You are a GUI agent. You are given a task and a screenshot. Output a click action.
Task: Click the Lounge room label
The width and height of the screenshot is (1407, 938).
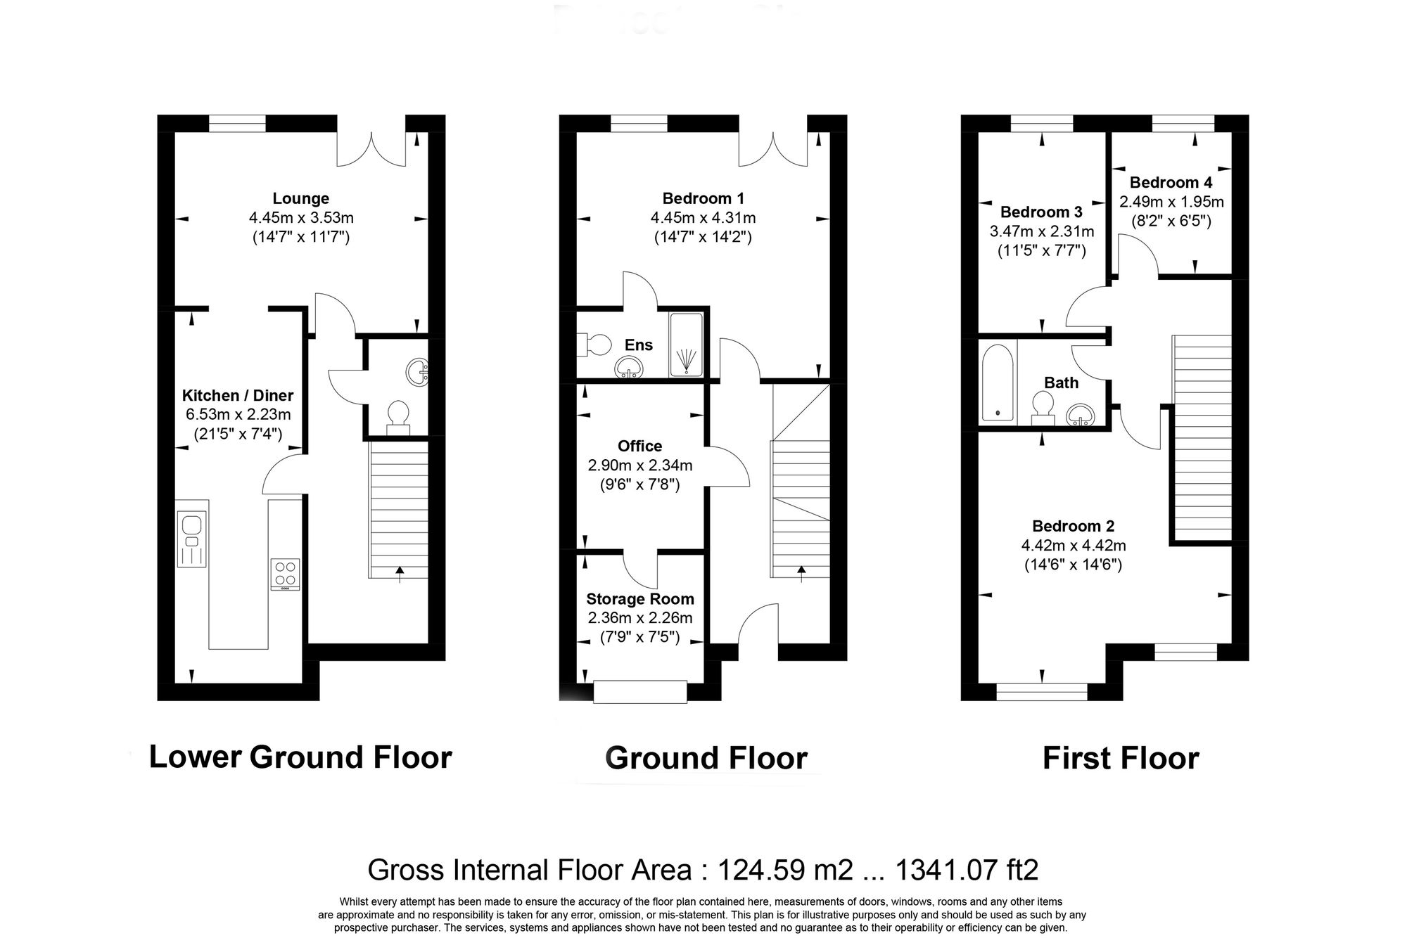(x=300, y=198)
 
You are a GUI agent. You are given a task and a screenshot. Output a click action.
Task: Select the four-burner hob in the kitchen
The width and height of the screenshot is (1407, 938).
(x=285, y=574)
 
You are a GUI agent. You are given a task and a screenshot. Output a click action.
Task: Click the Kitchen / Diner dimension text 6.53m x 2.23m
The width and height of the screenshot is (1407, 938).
(x=238, y=415)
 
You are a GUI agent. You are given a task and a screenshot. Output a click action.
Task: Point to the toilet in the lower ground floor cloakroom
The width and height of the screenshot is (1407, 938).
(x=399, y=416)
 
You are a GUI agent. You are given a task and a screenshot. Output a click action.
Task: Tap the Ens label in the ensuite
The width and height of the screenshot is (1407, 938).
(x=638, y=345)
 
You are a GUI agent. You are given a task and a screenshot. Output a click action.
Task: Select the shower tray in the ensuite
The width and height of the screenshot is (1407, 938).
(x=686, y=345)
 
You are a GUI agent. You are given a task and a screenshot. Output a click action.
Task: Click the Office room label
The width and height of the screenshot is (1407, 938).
(x=639, y=446)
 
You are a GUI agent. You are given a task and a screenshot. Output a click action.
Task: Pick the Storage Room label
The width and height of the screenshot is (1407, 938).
(x=639, y=599)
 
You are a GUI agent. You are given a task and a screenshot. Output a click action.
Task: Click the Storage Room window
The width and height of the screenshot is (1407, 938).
(x=639, y=691)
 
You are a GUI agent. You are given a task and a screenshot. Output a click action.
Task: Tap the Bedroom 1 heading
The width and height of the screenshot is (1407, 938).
(x=703, y=198)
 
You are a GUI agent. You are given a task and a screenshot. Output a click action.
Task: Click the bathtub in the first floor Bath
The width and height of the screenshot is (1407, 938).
(x=998, y=381)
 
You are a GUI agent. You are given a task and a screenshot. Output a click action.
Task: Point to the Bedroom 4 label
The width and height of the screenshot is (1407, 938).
(x=1171, y=183)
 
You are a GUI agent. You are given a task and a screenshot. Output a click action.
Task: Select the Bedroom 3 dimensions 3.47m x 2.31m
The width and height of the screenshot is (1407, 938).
(x=1041, y=231)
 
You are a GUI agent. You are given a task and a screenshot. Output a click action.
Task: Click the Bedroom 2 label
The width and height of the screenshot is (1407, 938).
(x=1073, y=526)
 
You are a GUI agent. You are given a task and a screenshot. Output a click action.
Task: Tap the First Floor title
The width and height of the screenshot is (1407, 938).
(x=1120, y=759)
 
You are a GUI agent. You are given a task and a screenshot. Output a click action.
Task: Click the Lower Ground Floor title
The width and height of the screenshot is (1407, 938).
(x=300, y=757)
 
